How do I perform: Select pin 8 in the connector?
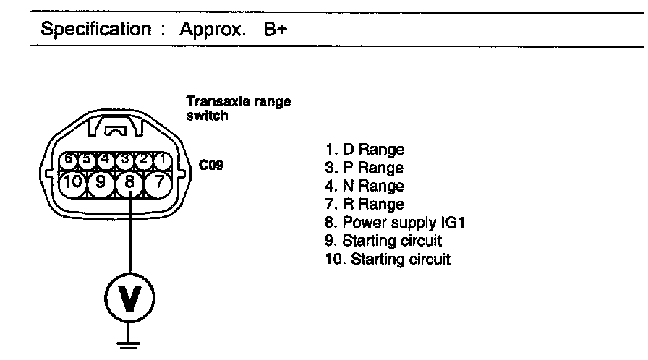130,183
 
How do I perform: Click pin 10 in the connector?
73,182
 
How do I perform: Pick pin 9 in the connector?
101,183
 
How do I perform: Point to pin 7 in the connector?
158,182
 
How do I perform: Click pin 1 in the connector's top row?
163,158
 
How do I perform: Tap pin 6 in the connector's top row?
68,158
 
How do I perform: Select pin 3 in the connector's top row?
124,158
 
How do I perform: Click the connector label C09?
211,165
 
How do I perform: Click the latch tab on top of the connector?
115,131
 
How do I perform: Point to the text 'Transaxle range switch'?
238,108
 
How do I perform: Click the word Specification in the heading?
90,30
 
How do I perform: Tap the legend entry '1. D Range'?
365,150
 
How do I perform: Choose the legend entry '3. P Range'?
365,168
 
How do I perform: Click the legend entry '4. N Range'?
365,187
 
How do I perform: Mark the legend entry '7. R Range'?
365,205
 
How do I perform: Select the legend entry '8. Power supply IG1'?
394,223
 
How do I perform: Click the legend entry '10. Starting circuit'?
388,259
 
